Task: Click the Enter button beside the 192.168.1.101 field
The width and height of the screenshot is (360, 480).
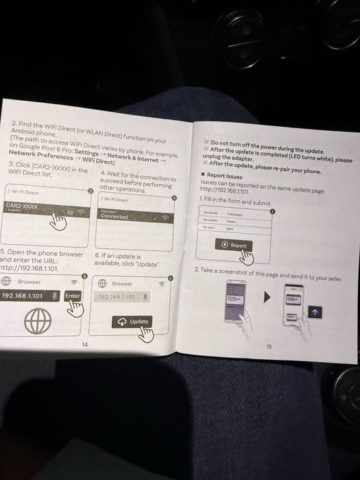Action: (x=72, y=296)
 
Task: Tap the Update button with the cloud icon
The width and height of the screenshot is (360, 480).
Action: (x=134, y=322)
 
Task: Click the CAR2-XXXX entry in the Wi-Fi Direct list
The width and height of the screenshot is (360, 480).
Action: (x=23, y=206)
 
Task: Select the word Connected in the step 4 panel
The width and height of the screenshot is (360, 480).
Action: (x=115, y=217)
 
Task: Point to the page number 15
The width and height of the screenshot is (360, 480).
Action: (x=269, y=346)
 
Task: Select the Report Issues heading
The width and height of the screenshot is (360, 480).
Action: (x=226, y=176)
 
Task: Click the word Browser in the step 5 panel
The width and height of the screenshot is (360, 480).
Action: (x=29, y=281)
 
